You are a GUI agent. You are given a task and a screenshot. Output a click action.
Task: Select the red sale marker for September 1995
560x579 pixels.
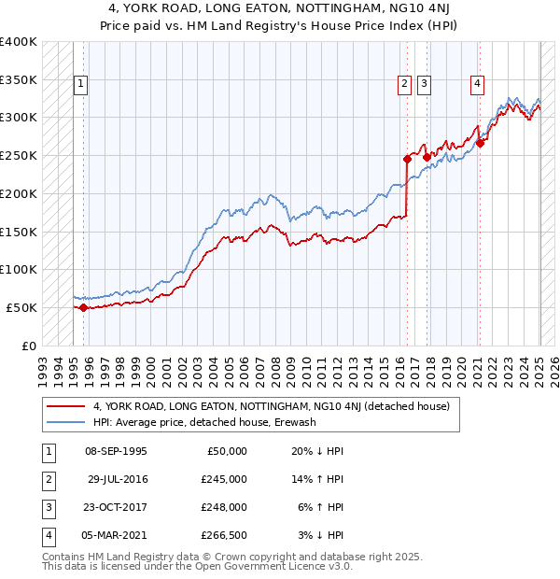click(x=83, y=307)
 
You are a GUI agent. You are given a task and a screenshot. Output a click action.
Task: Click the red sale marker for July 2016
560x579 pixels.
click(x=407, y=159)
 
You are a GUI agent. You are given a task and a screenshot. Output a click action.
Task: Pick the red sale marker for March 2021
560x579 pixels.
click(x=479, y=143)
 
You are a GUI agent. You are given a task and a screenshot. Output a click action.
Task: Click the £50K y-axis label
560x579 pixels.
click(x=23, y=307)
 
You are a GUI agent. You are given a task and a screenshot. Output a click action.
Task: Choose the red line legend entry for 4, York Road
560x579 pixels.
click(x=271, y=406)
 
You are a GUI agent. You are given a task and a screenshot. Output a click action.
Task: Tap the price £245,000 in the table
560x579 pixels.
click(x=223, y=478)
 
